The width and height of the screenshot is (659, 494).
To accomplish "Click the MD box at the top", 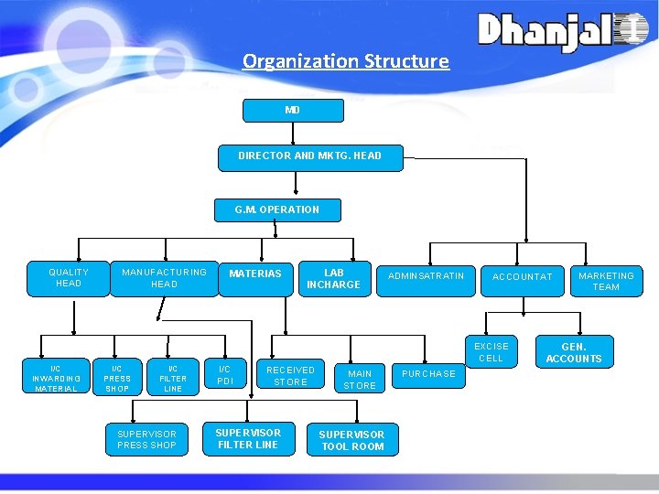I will coord(292,111).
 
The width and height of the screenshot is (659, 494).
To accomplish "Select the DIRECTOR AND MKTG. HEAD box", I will coord(309,156).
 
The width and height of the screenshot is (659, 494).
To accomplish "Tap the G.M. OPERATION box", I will coord(277,210).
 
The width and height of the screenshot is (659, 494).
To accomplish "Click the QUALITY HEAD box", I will coord(69,278).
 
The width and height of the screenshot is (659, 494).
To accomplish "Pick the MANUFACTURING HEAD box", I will coord(165,278).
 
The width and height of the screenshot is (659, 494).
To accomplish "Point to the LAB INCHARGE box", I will coord(334,278).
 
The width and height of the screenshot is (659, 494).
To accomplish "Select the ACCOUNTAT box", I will coord(523,277).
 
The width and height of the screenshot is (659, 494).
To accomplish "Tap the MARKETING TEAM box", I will coord(606,281).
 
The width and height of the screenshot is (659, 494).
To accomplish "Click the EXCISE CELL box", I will coord(492,352).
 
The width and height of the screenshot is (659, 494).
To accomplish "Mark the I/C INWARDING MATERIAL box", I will coord(56,377).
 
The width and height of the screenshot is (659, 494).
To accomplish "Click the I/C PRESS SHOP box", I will coord(117,377).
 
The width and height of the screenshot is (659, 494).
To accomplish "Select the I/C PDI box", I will coord(225,375).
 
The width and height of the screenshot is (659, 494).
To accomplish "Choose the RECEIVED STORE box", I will coord(290,375).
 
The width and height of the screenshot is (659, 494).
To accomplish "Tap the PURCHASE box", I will coord(428,373).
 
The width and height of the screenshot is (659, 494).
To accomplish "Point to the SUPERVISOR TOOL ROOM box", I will coord(352,440).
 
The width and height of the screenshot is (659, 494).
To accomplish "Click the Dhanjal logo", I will coord(562,31).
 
